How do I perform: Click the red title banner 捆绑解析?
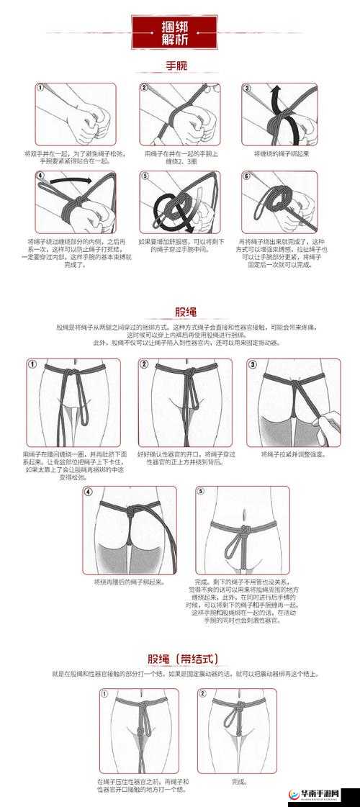pos(174,32)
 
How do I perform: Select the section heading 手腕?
pos(176,66)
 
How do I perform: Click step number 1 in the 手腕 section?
pos(40,89)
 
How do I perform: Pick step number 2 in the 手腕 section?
pos(144,89)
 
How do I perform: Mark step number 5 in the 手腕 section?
pos(144,176)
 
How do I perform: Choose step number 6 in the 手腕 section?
pos(246,176)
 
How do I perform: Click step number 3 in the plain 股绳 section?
pos(252,364)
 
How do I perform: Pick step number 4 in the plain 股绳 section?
pos(88,492)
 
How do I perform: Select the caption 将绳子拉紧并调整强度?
pos(294,454)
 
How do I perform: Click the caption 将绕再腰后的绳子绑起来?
pos(130,581)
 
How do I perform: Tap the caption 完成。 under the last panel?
pos(239,781)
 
